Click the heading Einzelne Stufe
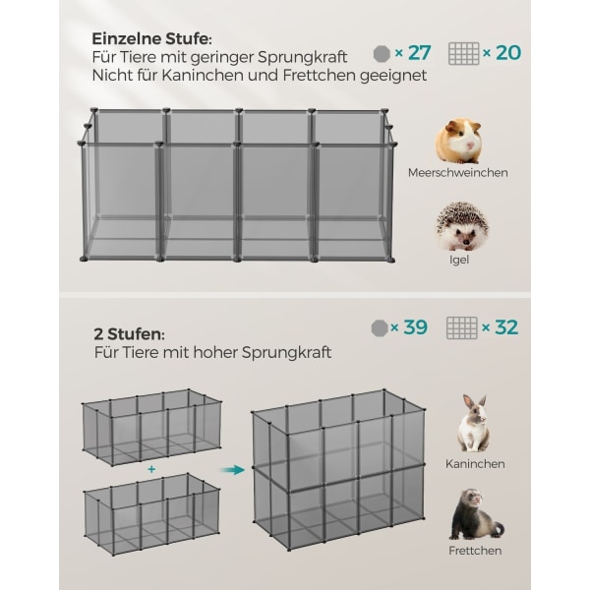click(x=151, y=38)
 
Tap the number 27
click(x=419, y=53)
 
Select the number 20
click(x=508, y=53)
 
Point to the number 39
click(x=415, y=327)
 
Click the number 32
click(x=506, y=327)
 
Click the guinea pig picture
click(x=459, y=141)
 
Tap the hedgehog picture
click(x=462, y=226)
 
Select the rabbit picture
click(x=474, y=423)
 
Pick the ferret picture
click(x=476, y=514)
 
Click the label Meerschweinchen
click(x=458, y=173)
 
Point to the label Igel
click(x=459, y=260)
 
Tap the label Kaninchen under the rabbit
click(x=475, y=464)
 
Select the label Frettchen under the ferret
click(x=475, y=551)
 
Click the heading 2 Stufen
click(x=129, y=334)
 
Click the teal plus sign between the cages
click(x=151, y=469)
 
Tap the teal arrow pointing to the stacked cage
click(x=232, y=470)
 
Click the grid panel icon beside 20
click(x=463, y=53)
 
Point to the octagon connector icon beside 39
click(x=380, y=328)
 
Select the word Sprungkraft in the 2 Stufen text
click(x=286, y=353)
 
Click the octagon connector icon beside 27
click(x=382, y=54)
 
